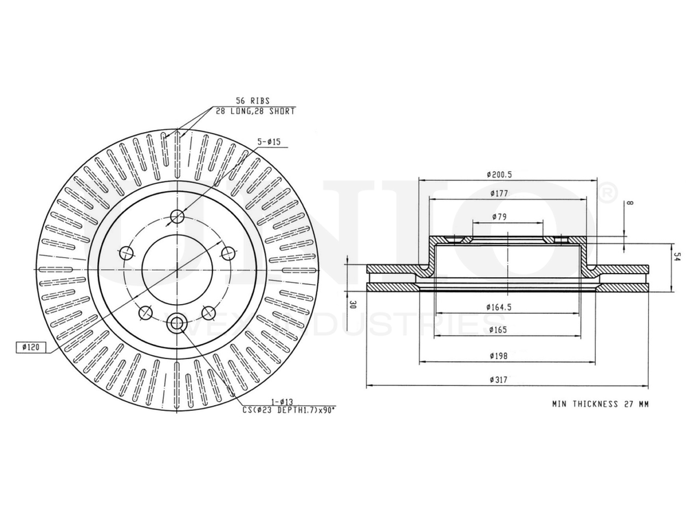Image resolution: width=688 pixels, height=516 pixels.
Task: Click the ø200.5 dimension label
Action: pos(499,175)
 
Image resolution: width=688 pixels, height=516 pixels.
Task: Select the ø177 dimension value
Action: pos(499,194)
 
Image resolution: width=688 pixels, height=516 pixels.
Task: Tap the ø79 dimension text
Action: pos(499,217)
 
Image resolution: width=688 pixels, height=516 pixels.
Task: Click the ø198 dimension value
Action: pos(499,356)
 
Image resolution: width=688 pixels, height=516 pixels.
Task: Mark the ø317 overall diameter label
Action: pos(499,380)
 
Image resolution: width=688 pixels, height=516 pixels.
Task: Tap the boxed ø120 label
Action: pos(30,347)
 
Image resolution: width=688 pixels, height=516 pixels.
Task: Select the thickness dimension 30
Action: pos(352,304)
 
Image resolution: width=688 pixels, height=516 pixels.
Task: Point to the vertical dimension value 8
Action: pos(630,204)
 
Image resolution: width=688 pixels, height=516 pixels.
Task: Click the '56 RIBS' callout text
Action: pos(252,100)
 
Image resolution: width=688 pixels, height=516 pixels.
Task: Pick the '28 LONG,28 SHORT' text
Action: pos(255,111)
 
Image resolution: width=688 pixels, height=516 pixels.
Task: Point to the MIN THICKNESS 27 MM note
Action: pos(599,405)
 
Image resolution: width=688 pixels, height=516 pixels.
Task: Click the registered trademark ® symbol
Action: pos(608,193)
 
